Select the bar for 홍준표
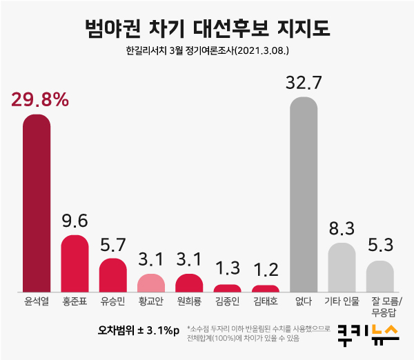tap(75, 263)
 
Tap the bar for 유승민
tap(112, 274)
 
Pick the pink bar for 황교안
tap(151, 283)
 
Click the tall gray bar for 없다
tap(304, 194)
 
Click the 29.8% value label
tap(40, 100)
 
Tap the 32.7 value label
tap(304, 83)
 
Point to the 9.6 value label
tap(75, 222)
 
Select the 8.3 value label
tap(342, 229)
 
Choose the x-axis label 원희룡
tap(189, 301)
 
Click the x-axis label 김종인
tap(227, 301)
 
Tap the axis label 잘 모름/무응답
tap(380, 306)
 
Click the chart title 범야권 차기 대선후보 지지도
tap(207, 29)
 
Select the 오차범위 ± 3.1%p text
tap(138, 330)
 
